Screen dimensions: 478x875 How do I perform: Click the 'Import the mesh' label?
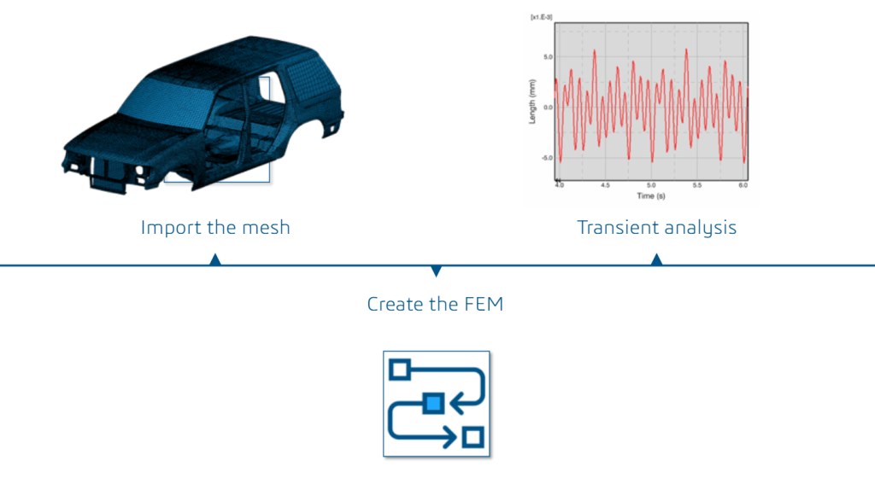point(215,228)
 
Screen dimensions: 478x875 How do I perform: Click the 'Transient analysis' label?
point(656,228)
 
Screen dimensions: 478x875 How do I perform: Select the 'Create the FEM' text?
point(435,303)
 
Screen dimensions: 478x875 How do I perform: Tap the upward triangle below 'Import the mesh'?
point(215,259)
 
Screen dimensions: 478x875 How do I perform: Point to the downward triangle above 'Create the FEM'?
point(437,271)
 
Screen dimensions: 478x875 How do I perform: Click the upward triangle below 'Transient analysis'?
point(656,259)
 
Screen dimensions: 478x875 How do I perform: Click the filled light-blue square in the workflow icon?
point(433,402)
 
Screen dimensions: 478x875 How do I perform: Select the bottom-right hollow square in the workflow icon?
point(472,437)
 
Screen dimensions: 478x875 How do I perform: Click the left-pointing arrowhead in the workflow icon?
point(456,402)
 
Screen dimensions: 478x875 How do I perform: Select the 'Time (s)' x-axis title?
point(652,196)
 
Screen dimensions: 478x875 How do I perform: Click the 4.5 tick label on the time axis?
point(605,184)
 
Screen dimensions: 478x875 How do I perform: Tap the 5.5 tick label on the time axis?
point(696,184)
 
